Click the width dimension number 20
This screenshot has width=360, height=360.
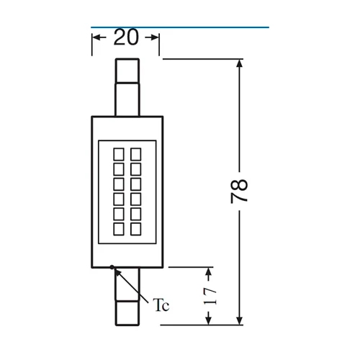127,38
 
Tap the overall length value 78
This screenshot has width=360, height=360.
240,191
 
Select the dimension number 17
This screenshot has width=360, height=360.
209,295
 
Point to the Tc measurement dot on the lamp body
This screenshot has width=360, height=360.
112,267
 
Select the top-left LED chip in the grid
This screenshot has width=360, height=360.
118,153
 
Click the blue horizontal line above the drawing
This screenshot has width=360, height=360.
180,27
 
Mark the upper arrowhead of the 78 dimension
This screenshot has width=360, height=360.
240,64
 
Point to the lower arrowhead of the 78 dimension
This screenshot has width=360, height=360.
240,320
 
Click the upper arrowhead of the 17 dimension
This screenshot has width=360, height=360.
209,272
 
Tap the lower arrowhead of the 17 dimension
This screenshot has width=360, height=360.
209,320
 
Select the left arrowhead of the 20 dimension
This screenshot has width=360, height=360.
96,38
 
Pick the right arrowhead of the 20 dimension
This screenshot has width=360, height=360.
156,38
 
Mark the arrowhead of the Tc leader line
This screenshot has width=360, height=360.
115,270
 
